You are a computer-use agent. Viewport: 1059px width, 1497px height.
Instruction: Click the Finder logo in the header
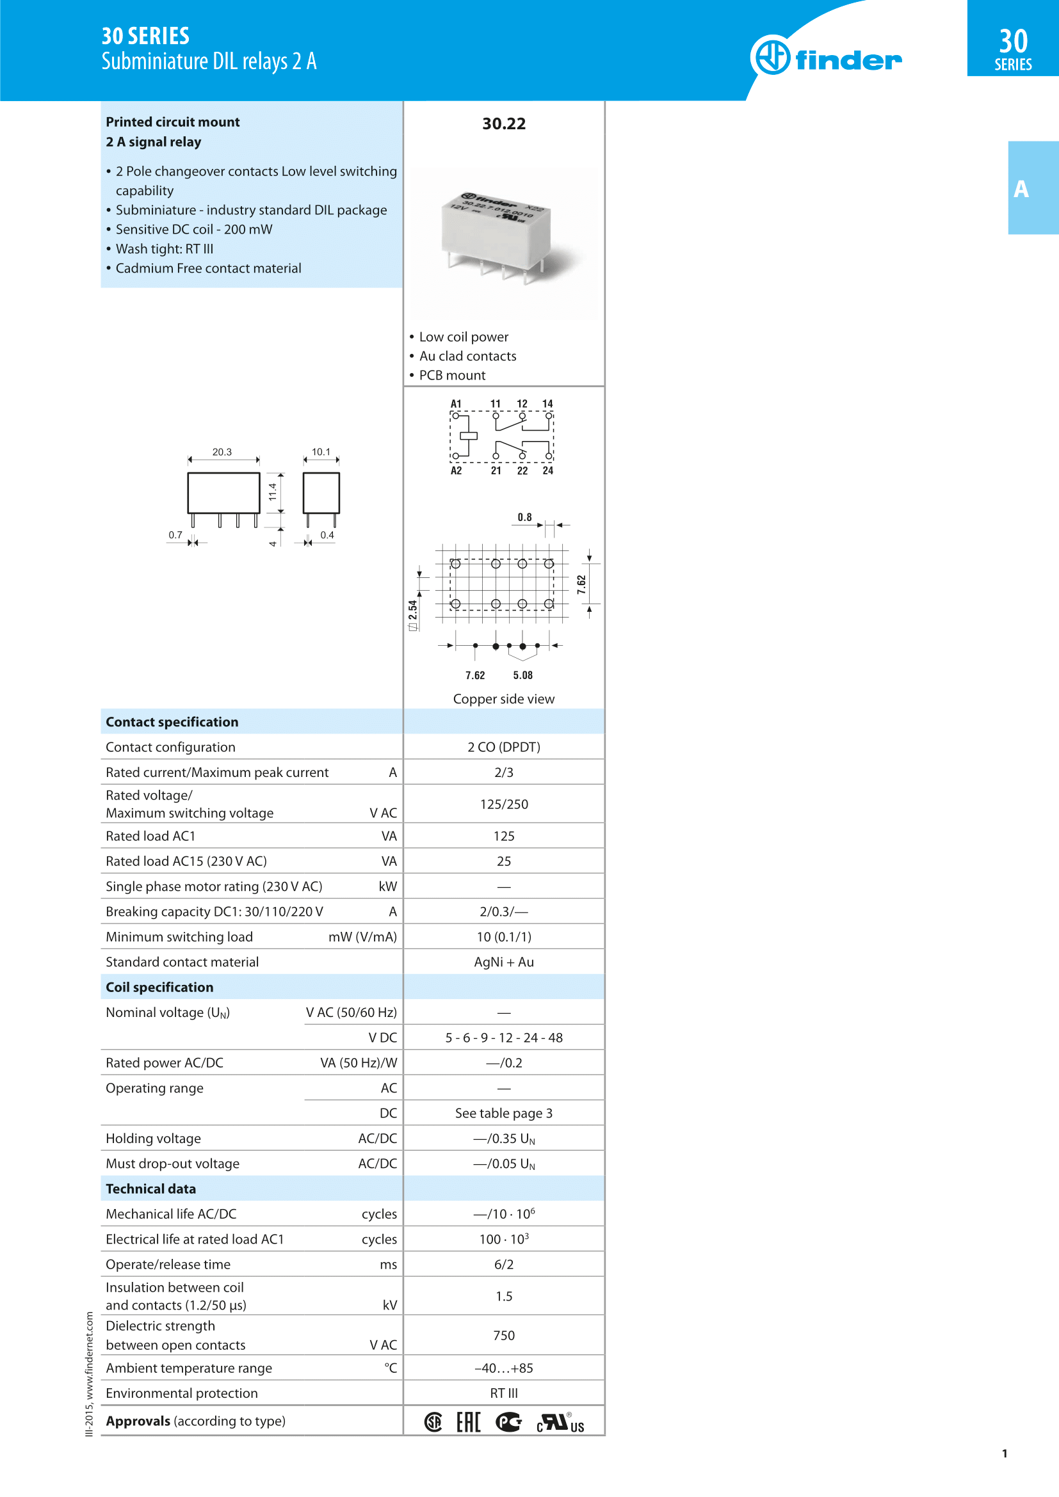826,57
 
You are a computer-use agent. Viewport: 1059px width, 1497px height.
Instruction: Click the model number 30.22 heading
503,124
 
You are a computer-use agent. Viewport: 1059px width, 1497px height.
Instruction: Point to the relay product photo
498,239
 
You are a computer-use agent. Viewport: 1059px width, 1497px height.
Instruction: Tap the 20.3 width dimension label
222,452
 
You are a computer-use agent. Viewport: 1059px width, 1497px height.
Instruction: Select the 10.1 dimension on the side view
321,452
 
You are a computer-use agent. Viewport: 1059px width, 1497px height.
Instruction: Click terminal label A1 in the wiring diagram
456,404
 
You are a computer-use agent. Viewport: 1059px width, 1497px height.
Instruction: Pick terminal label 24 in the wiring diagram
548,471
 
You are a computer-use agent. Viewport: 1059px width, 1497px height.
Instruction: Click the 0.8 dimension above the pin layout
525,517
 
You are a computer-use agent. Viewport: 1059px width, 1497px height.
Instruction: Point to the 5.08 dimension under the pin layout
522,675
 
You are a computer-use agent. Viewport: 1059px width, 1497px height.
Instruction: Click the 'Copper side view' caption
503,699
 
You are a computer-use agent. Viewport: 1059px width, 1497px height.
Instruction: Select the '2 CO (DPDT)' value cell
503,747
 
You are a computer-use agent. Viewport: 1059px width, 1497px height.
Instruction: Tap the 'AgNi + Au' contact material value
503,962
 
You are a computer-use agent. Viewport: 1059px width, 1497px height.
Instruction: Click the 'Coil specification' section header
160,987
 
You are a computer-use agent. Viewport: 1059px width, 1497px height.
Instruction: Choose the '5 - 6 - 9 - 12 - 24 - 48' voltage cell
503,1037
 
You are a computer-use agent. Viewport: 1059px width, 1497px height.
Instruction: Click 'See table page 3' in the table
503,1113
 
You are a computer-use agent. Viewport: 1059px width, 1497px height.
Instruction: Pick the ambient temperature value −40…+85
503,1368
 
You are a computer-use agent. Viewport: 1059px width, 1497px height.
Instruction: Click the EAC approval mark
468,1422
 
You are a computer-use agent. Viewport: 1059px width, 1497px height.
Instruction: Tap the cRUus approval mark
560,1423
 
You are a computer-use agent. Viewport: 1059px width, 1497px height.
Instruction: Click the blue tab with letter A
1033,188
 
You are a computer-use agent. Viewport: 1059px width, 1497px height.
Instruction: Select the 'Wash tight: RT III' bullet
165,249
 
